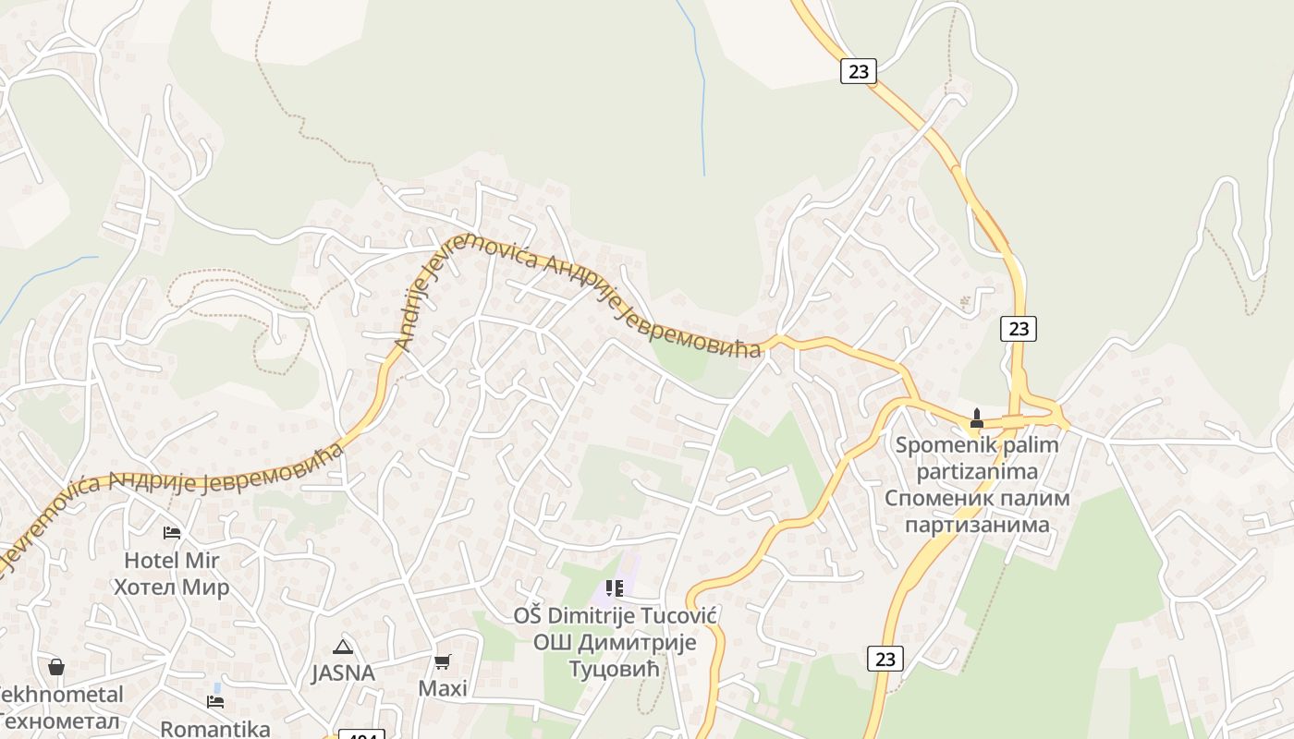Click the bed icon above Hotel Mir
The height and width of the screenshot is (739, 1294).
point(172,532)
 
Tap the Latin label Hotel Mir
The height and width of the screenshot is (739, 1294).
point(172,560)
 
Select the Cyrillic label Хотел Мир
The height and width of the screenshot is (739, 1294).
point(172,588)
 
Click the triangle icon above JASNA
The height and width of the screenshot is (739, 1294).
point(343,647)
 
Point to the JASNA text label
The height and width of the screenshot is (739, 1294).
point(343,673)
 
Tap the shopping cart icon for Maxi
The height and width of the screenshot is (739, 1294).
point(443,661)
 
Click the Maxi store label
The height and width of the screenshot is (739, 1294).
point(443,688)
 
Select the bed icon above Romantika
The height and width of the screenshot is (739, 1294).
point(215,702)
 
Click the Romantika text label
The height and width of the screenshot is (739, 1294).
point(215,728)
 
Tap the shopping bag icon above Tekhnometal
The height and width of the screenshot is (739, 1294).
point(56,667)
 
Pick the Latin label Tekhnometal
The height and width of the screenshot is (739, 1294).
point(61,694)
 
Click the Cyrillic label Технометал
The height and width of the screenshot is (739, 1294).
point(61,721)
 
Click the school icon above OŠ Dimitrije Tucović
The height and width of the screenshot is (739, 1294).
point(615,588)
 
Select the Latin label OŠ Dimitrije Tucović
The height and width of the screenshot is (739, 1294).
point(616,615)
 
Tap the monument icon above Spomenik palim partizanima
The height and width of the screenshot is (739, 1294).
point(976,418)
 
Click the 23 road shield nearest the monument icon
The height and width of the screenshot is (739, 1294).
point(1018,328)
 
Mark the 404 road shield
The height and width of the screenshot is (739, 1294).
point(361,735)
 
